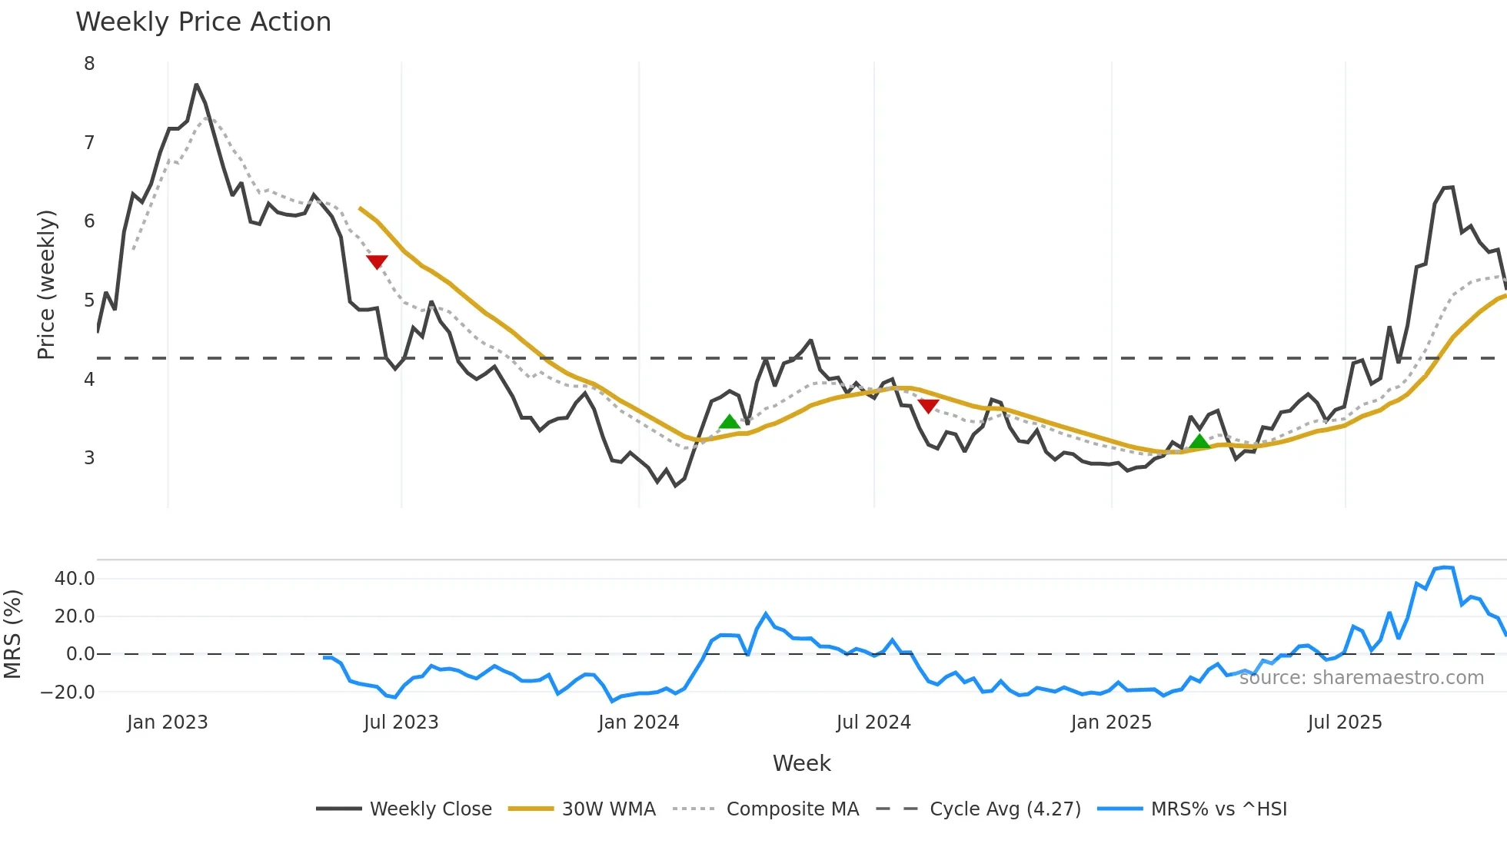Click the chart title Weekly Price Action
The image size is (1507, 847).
click(203, 22)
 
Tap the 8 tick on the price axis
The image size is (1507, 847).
click(89, 64)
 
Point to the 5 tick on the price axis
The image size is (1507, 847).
click(89, 300)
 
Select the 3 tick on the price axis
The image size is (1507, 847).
click(89, 457)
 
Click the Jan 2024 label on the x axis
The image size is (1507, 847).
click(638, 722)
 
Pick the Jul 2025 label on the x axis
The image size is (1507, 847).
click(1344, 722)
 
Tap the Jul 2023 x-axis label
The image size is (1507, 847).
click(401, 722)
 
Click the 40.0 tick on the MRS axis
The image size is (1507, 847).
click(75, 579)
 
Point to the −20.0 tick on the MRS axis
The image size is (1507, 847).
click(68, 692)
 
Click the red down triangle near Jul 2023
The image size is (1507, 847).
click(377, 261)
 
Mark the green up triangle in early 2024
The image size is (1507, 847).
click(729, 421)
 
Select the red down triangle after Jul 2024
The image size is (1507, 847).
click(928, 406)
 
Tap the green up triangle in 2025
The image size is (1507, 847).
click(1199, 441)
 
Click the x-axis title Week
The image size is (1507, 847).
click(801, 763)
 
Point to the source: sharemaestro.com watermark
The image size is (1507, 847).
click(1361, 678)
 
